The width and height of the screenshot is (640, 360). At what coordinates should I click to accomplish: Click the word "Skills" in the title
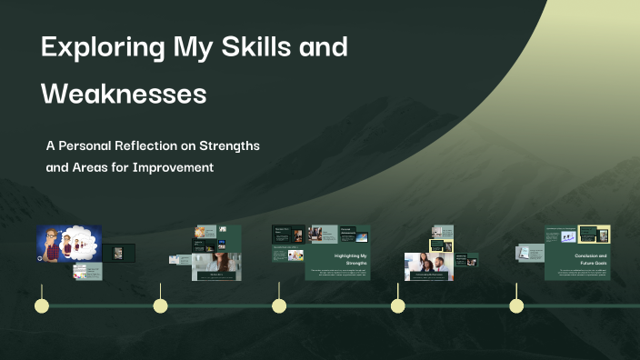point(265,47)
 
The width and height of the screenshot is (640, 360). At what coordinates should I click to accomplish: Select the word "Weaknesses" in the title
point(124,93)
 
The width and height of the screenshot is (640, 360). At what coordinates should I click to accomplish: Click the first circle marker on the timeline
point(41,305)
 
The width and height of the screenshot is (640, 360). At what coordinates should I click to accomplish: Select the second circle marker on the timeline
point(160,305)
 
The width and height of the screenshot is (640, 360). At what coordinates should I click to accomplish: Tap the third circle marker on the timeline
point(279,305)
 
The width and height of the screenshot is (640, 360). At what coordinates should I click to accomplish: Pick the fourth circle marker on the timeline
point(397,305)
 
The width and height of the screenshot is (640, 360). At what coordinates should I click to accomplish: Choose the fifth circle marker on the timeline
point(516,305)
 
